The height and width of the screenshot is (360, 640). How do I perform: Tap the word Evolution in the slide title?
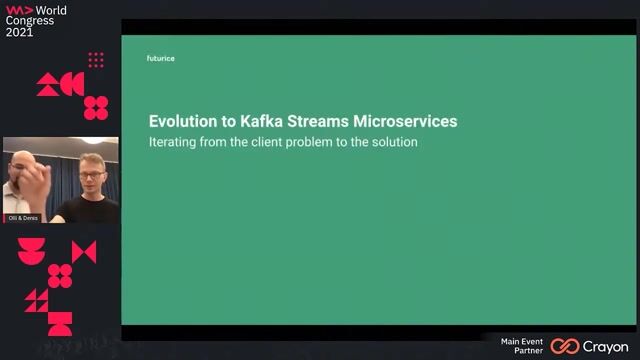[x=181, y=121]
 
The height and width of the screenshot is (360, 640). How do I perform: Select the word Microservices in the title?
[x=400, y=121]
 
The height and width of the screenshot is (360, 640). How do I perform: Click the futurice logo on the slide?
[x=160, y=59]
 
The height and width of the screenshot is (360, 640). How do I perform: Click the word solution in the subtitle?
[x=393, y=143]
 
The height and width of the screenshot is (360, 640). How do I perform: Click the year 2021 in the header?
[x=19, y=32]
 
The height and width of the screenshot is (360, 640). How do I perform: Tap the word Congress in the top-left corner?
[x=29, y=20]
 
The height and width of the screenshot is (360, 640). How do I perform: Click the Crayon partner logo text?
[x=605, y=346]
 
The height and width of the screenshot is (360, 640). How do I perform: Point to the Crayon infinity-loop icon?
[x=565, y=346]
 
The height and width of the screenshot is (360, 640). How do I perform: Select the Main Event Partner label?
[x=522, y=346]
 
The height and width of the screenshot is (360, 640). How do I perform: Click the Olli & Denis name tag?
[x=23, y=217]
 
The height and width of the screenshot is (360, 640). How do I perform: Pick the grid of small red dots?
[x=96, y=60]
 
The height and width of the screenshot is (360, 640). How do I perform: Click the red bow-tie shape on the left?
[x=84, y=252]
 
